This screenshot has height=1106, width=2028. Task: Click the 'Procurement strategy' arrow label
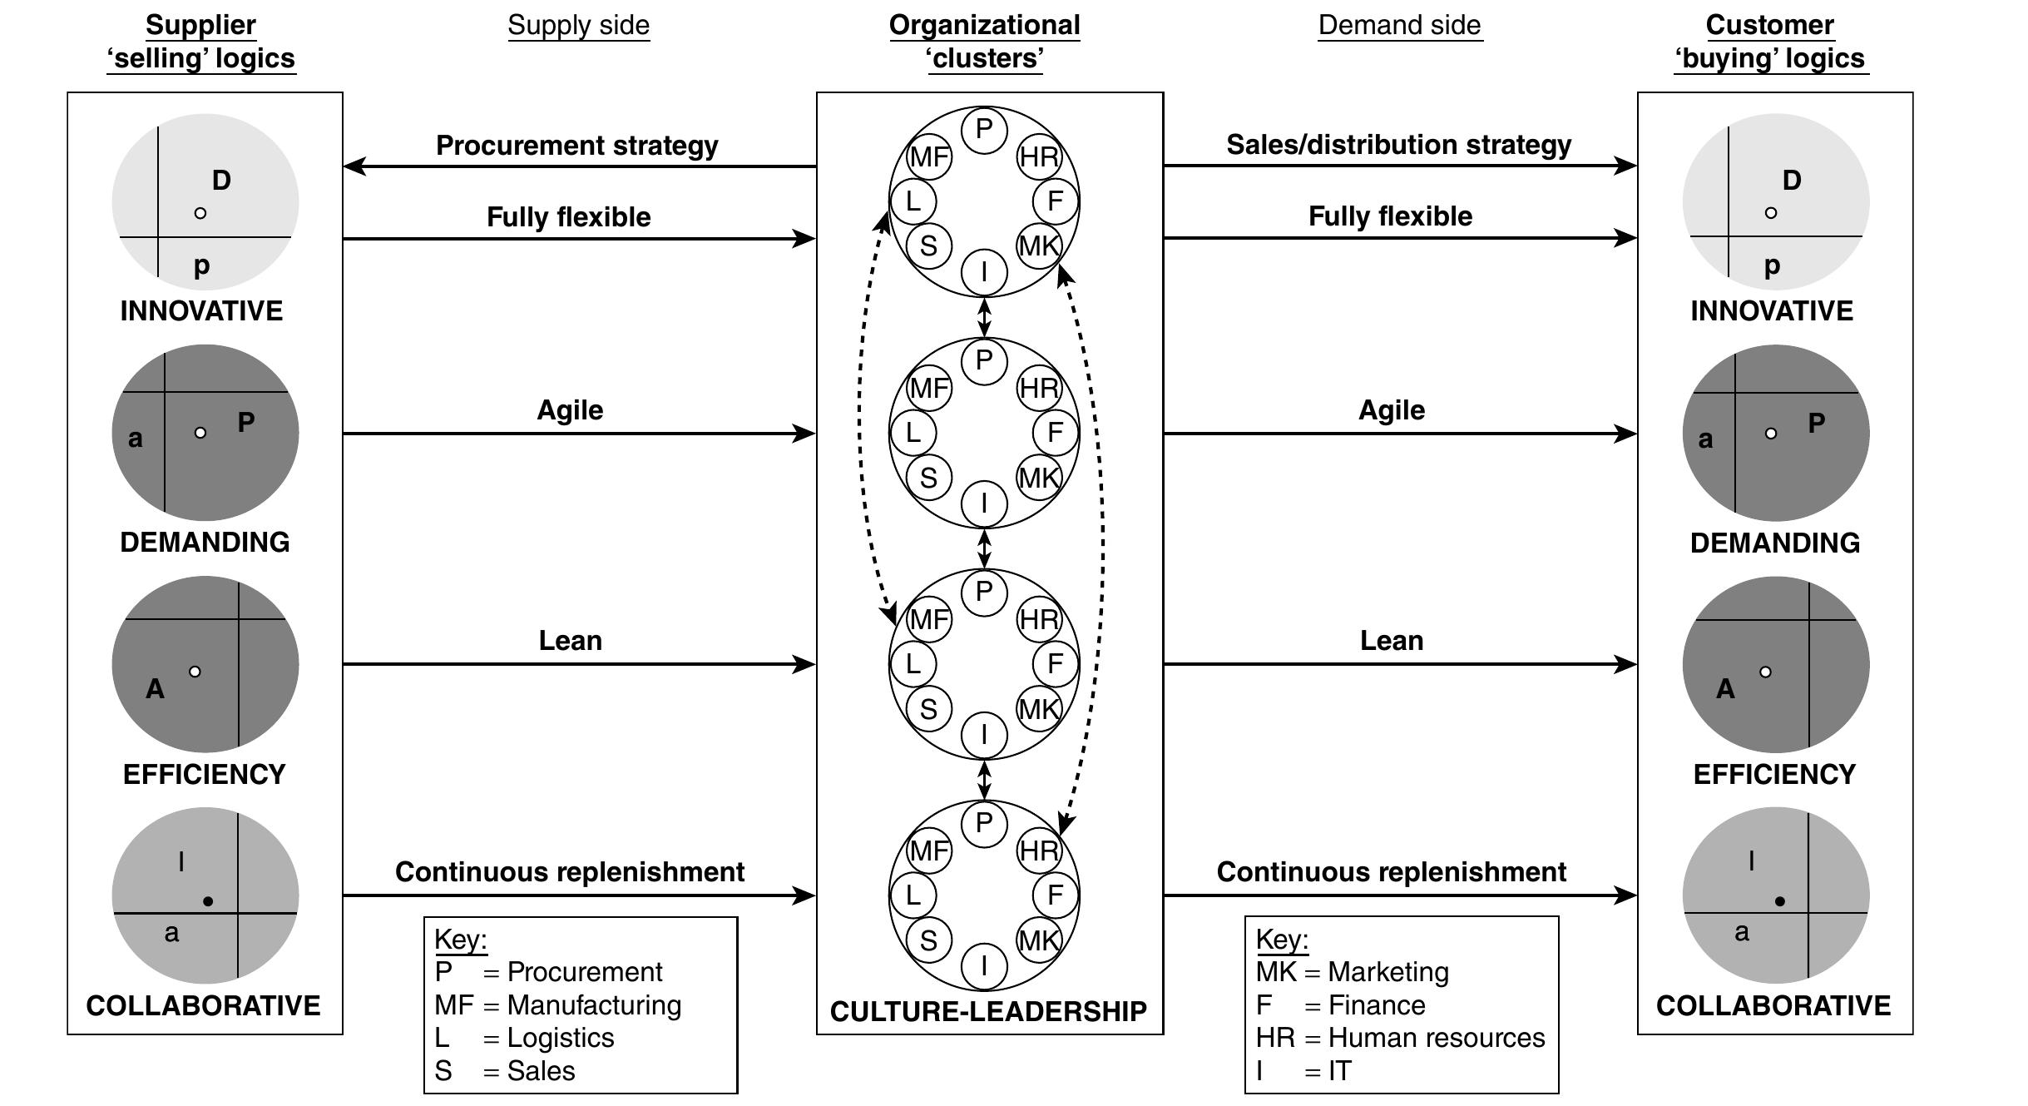(x=576, y=146)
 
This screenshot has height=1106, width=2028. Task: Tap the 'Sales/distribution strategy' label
(x=1398, y=145)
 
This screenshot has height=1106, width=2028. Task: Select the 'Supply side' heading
(x=578, y=25)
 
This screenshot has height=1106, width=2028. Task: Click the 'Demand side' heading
(x=1399, y=25)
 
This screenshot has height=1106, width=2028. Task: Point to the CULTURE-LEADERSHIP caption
(x=988, y=1011)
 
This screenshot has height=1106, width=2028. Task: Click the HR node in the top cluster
(x=1039, y=156)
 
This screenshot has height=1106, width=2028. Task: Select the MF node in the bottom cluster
(x=928, y=851)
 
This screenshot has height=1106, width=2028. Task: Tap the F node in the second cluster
(x=1055, y=433)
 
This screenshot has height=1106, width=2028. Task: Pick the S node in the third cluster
(x=928, y=709)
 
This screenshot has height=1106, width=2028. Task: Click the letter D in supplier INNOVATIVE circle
(x=221, y=180)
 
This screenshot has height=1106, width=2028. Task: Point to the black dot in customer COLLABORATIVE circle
(x=1779, y=901)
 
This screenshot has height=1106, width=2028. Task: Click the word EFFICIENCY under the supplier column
(x=204, y=774)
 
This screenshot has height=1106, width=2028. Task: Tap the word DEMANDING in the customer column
(x=1774, y=543)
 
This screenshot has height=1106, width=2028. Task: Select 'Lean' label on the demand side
(x=1391, y=640)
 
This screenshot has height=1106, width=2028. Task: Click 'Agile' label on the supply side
(x=570, y=409)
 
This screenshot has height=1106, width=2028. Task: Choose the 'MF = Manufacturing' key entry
(x=557, y=1004)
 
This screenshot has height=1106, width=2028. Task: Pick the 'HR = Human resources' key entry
(x=1400, y=1038)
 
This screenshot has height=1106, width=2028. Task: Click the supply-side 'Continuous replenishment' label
(x=570, y=871)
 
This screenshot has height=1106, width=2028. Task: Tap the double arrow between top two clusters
(x=984, y=317)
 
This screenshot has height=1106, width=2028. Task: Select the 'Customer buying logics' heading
(x=1770, y=42)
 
